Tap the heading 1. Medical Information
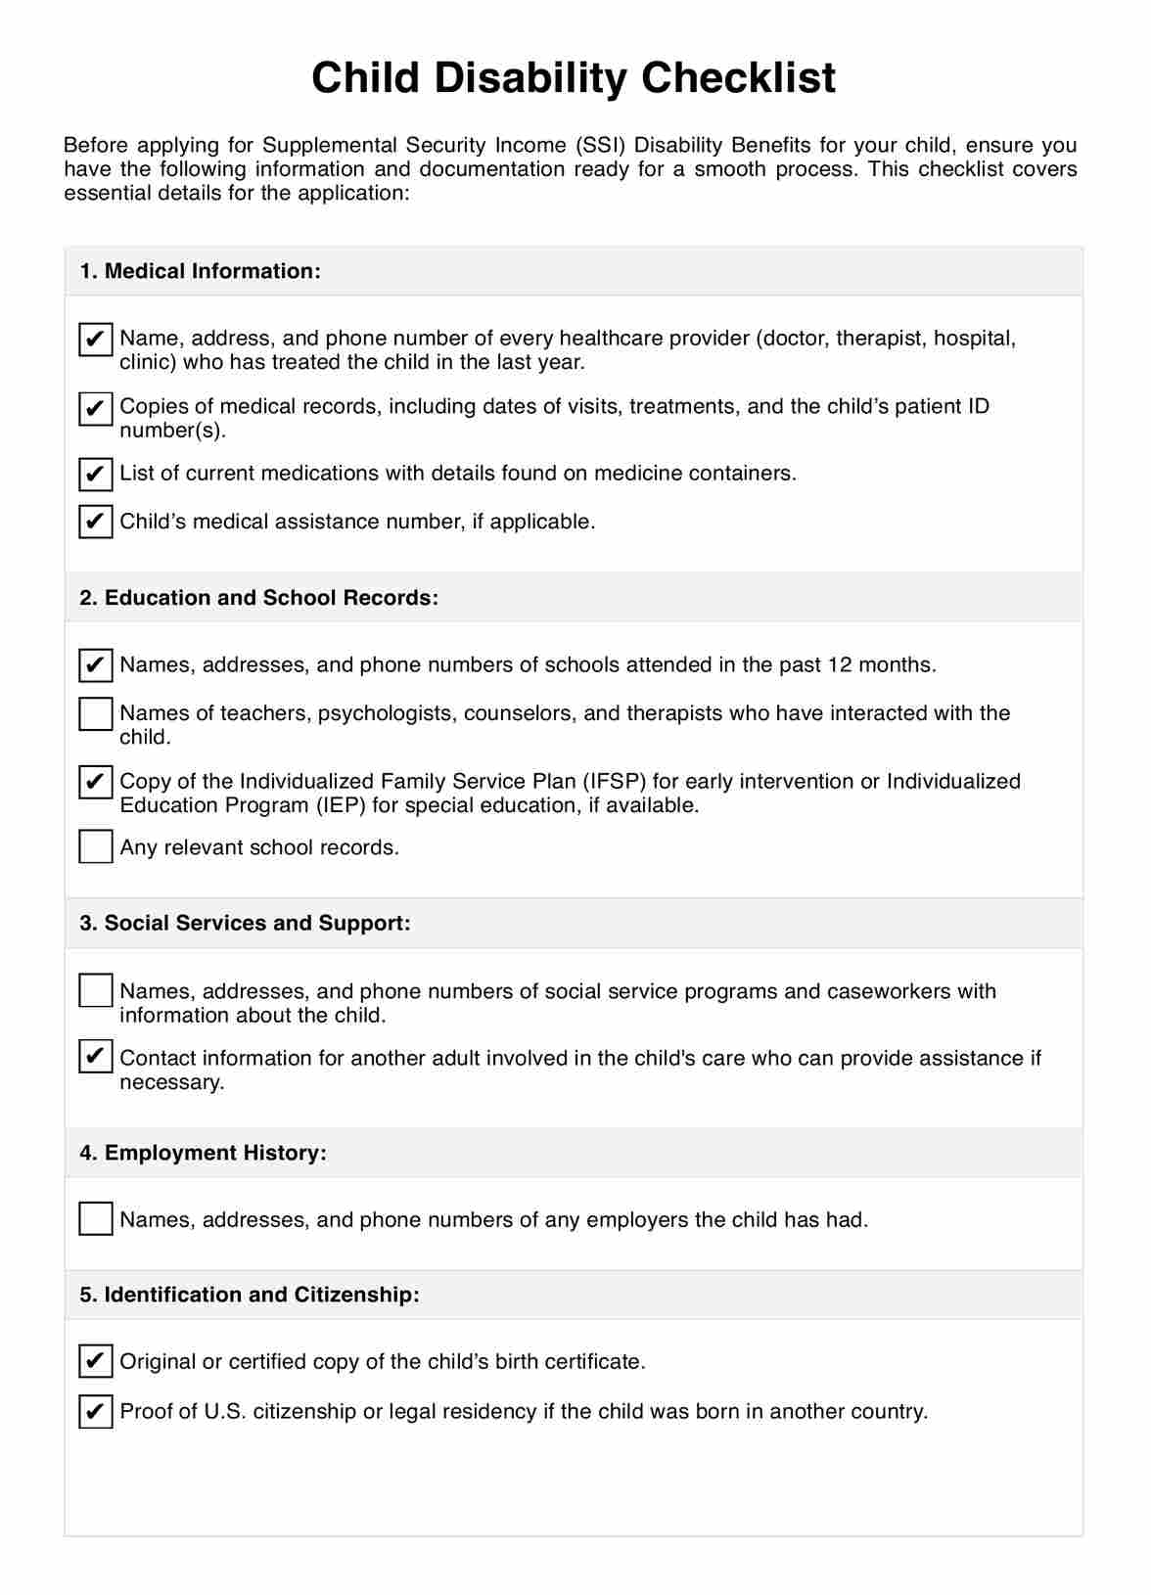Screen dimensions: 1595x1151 tap(200, 271)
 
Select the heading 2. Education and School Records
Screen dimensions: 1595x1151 tap(258, 598)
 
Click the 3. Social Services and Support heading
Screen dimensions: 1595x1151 tap(245, 924)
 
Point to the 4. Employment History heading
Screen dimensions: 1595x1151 tap(203, 1153)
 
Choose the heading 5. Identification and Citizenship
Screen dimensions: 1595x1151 tap(249, 1295)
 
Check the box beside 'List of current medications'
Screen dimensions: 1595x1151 tap(95, 475)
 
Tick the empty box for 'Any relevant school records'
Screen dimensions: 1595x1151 tap(95, 847)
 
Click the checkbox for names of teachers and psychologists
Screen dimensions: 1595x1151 tap(95, 714)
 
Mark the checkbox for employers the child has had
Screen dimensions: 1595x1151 tap(95, 1219)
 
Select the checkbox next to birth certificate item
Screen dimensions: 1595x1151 tap(95, 1361)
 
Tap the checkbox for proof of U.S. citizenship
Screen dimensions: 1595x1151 tap(95, 1411)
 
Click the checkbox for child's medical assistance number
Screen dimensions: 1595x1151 tap(95, 522)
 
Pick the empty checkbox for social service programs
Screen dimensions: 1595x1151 tap(95, 991)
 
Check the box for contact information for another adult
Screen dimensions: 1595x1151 tap(95, 1058)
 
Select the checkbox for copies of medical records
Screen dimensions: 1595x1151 tap(95, 407)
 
